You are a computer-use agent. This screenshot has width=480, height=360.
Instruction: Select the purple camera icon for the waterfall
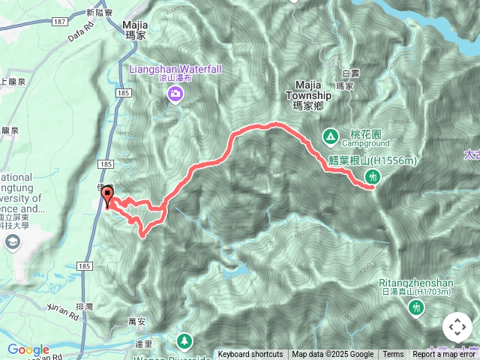pyautogui.click(x=175, y=94)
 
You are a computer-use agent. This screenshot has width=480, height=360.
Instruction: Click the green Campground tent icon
pyautogui.click(x=329, y=136)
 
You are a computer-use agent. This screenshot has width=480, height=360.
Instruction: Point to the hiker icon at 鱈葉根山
pyautogui.click(x=371, y=177)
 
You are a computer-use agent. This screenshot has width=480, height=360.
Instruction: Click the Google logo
pyautogui.click(x=28, y=350)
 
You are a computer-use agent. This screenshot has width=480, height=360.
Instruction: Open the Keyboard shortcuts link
pyautogui.click(x=250, y=355)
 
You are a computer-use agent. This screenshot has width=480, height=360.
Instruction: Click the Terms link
pyautogui.click(x=393, y=355)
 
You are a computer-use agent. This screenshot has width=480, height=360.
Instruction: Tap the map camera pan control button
pyautogui.click(x=457, y=328)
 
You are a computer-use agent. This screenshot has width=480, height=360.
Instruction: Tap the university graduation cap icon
pyautogui.click(x=13, y=241)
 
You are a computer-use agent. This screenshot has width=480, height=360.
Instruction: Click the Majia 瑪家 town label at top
pyautogui.click(x=134, y=28)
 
